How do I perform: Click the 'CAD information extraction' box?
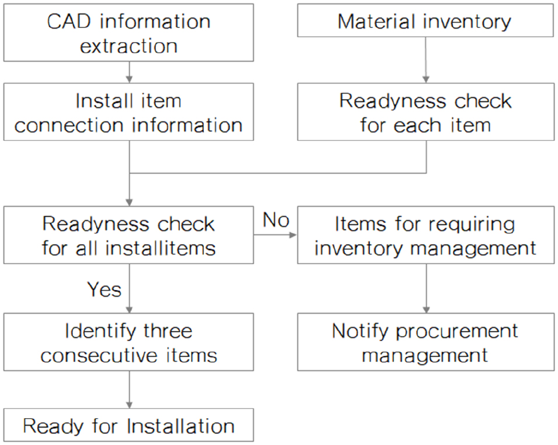coord(129,33)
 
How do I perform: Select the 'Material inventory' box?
coord(425,20)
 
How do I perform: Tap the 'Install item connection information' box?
coord(129,112)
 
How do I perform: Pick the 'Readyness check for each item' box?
coord(425,112)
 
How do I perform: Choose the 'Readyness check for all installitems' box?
coord(129,235)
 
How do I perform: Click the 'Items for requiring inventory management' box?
coord(425,235)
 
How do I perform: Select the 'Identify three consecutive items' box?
coord(129,342)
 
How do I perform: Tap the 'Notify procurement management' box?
coord(425,342)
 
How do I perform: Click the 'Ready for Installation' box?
coord(129,425)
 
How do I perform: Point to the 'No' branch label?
coord(276,220)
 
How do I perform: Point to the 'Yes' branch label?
coord(104,289)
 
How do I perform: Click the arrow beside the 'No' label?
coord(275,235)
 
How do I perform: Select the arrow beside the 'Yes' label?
coord(129,288)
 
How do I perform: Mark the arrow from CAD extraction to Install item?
coord(129,72)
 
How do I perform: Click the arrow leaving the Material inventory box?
coord(425,60)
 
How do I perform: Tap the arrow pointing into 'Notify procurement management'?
coord(426,288)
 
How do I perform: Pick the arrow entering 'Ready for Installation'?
coord(129,390)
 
